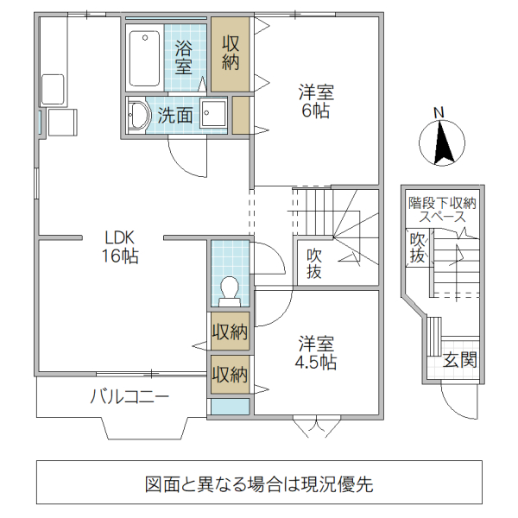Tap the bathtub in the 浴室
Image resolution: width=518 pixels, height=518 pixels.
[x=143, y=58]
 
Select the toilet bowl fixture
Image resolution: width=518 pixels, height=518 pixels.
[x=230, y=289]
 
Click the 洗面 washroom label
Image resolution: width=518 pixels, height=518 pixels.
[x=174, y=115]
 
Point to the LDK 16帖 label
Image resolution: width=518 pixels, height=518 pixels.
[x=121, y=246]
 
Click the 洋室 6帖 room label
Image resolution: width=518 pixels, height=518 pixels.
[x=317, y=101]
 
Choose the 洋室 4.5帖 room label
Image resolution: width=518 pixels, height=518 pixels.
[x=317, y=352]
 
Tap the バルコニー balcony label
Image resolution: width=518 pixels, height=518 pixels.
[x=129, y=397]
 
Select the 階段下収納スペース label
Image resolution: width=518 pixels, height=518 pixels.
[x=442, y=211]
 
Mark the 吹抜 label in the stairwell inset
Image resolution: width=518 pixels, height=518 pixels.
[x=418, y=249]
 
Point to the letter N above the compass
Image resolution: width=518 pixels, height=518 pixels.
[x=439, y=112]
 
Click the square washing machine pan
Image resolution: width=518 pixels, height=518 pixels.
[x=213, y=115]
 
